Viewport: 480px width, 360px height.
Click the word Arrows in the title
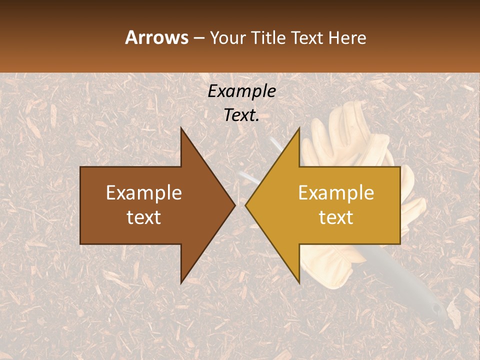pyautogui.click(x=156, y=37)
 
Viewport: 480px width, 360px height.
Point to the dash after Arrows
pyautogui.click(x=198, y=38)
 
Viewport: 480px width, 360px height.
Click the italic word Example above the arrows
pyautogui.click(x=241, y=91)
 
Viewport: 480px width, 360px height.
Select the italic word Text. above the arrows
pyautogui.click(x=241, y=115)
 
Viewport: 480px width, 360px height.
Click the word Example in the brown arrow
pyautogui.click(x=144, y=192)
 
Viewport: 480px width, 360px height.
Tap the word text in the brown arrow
pyautogui.click(x=144, y=217)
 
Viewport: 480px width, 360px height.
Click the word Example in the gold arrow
pyautogui.click(x=336, y=192)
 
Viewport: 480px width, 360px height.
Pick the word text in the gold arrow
pyautogui.click(x=336, y=217)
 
